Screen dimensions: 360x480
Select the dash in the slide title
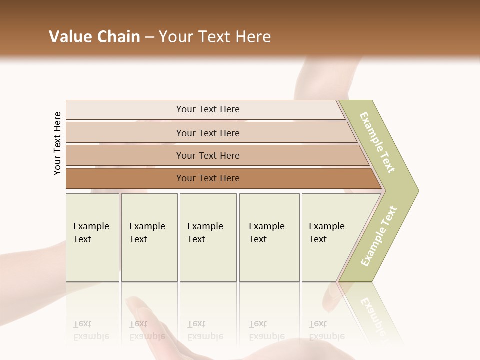coord(149,37)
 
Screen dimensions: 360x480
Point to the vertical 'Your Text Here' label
coord(57,144)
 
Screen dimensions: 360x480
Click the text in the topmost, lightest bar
coord(208,109)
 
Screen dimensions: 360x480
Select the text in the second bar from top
coord(208,133)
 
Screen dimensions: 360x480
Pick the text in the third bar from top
coord(208,156)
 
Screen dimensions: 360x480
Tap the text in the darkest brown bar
coord(208,178)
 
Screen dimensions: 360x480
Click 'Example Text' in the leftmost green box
coord(91,233)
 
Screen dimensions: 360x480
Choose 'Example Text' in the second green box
coord(147,233)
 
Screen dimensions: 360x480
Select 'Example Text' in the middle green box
coord(205,233)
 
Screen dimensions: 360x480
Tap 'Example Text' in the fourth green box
coord(266,233)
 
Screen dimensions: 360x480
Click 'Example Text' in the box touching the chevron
coord(326,233)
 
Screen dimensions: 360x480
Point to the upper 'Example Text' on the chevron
coord(377,142)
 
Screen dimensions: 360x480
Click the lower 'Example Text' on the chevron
coord(379,236)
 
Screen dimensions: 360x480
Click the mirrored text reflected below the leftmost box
coord(91,330)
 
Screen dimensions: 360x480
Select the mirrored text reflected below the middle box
coord(205,330)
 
